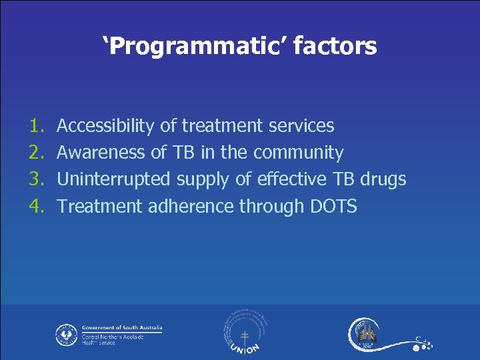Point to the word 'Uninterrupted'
click(x=114, y=179)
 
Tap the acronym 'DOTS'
click(x=334, y=207)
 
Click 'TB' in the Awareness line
click(x=183, y=153)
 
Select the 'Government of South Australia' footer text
click(x=122, y=328)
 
